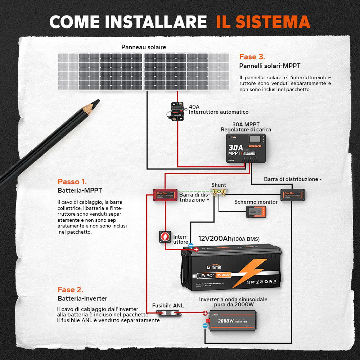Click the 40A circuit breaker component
[x=176, y=111]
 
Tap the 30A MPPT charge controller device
[x=247, y=148]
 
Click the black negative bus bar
[x=293, y=195]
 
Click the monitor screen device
[x=256, y=212]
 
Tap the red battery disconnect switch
[x=165, y=237]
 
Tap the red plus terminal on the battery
[x=196, y=249]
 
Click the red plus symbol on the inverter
[x=205, y=313]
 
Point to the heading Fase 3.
[x=252, y=57]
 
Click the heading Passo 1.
[x=72, y=182]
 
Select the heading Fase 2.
[x=70, y=290]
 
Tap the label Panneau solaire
[x=144, y=47]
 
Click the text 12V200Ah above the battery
[x=215, y=239]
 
